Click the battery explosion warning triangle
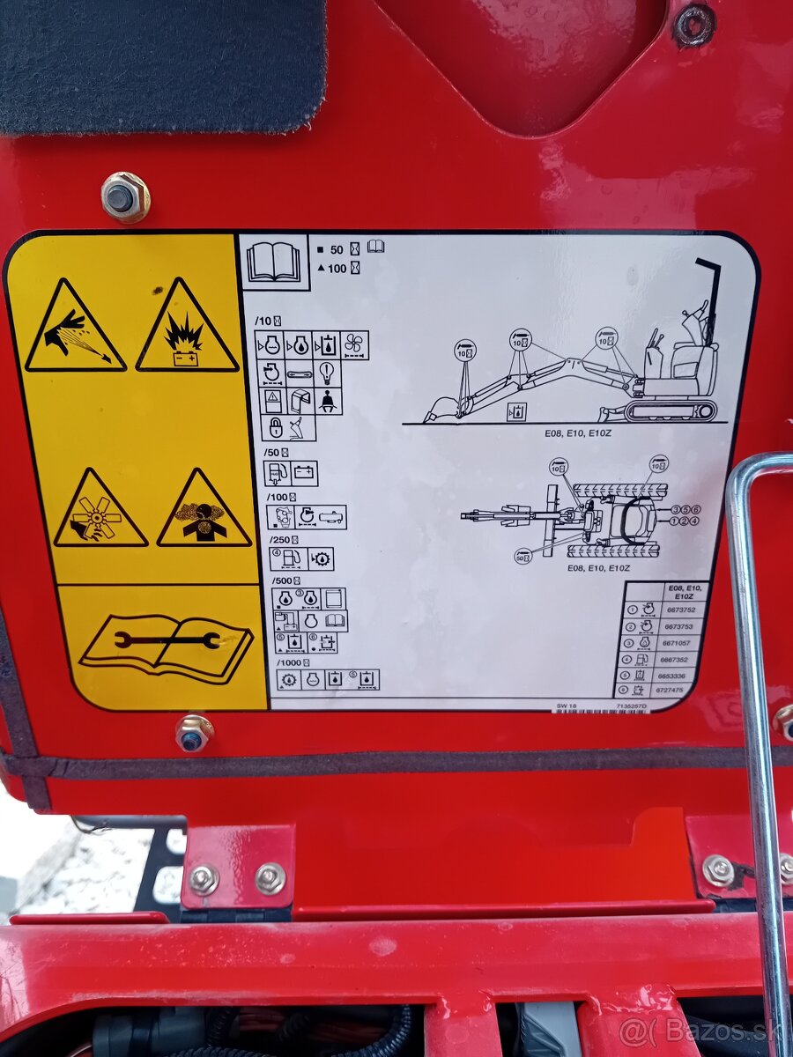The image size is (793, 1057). (187, 328)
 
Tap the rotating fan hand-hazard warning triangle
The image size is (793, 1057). (100, 511)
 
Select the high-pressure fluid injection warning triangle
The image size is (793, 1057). (75, 328)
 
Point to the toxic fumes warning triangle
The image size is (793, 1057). (204, 511)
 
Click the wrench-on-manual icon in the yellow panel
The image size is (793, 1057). (166, 646)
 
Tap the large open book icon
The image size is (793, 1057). (274, 261)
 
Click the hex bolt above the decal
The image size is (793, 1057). (124, 196)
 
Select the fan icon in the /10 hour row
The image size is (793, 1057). (355, 344)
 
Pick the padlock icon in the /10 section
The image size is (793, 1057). (275, 428)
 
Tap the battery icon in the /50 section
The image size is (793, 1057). (304, 473)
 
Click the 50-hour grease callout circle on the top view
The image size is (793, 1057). (523, 557)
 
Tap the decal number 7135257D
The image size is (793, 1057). (632, 706)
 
